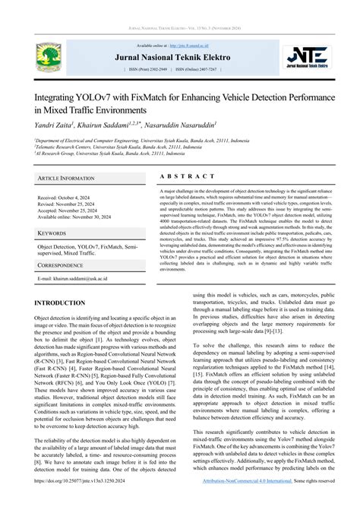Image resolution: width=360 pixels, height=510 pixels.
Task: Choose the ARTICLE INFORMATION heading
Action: point(66,178)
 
